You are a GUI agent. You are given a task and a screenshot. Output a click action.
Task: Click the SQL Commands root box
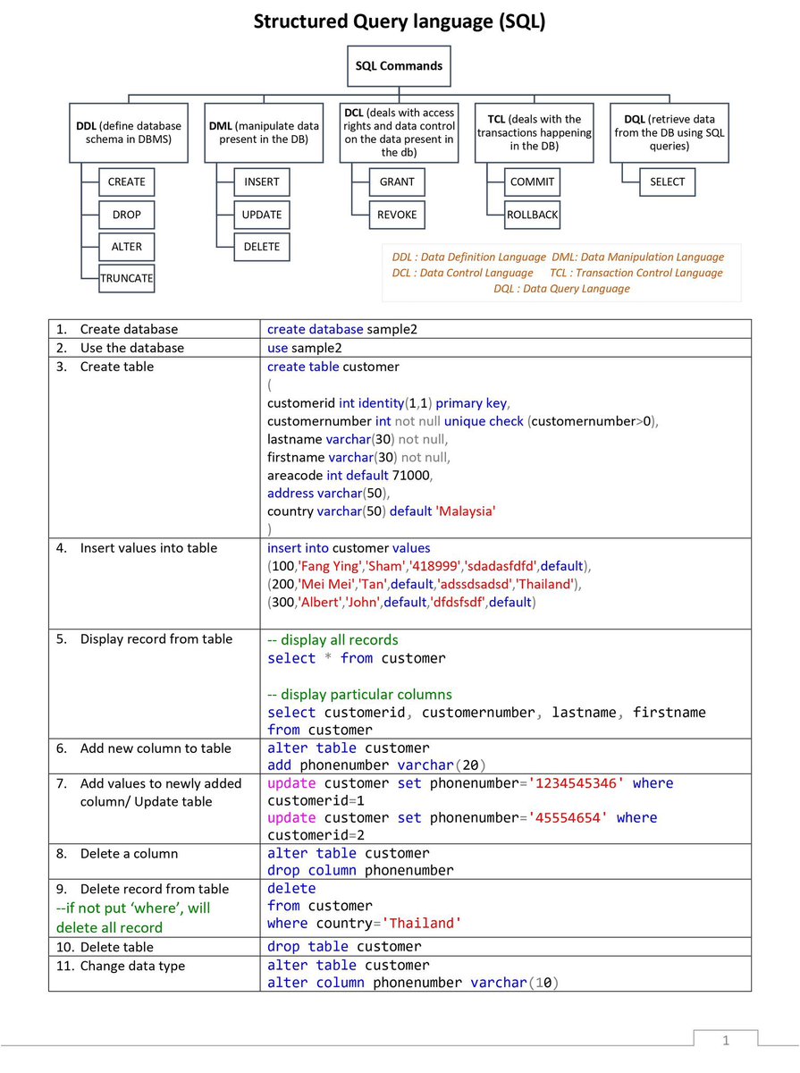(x=399, y=66)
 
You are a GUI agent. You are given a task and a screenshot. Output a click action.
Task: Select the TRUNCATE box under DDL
(x=127, y=278)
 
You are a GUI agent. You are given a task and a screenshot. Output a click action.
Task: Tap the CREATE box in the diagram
(x=127, y=182)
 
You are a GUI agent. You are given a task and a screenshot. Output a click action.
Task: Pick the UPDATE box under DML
(x=262, y=215)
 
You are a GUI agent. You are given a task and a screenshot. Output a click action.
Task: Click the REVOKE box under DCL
(x=397, y=215)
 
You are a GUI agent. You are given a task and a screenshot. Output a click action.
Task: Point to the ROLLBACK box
(x=533, y=215)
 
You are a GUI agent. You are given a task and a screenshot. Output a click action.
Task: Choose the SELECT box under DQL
(x=668, y=182)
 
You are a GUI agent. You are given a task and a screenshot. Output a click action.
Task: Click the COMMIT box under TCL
(x=533, y=182)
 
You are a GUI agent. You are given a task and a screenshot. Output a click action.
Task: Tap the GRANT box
(x=397, y=182)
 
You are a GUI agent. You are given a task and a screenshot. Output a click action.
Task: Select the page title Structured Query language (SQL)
(x=400, y=22)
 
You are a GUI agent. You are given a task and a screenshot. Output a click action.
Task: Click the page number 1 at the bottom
(x=726, y=1040)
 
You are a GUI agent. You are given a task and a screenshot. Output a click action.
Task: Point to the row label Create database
(x=129, y=329)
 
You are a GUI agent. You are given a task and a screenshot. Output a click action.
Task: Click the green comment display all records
(x=333, y=640)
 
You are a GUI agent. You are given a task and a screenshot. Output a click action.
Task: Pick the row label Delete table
(x=116, y=947)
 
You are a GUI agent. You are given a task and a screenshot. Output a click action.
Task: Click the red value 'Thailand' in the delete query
(x=423, y=923)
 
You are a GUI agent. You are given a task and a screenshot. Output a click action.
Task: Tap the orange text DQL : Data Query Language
(x=561, y=289)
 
